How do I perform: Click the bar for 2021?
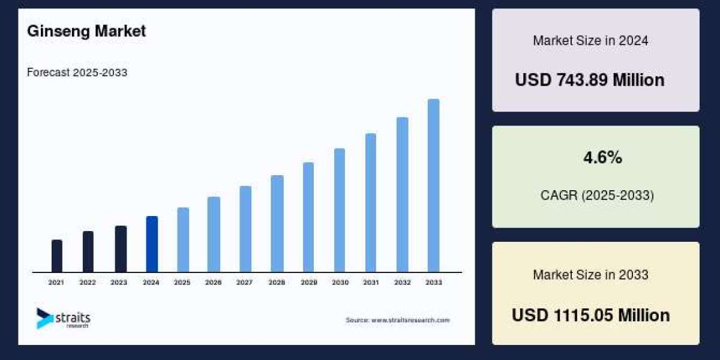click(57, 256)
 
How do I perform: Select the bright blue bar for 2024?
click(152, 244)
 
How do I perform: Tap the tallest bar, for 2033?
click(433, 186)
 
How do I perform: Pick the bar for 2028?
click(277, 224)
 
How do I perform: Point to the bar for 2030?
click(340, 211)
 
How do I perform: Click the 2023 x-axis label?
click(119, 282)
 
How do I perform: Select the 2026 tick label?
click(214, 282)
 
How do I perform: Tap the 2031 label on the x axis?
click(371, 282)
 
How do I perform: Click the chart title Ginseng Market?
click(86, 32)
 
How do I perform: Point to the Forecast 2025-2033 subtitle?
click(77, 73)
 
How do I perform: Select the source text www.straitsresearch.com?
click(397, 320)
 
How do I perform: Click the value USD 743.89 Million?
click(590, 80)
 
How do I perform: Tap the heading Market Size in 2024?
click(590, 41)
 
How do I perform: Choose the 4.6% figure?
click(602, 158)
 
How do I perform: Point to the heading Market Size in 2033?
click(590, 275)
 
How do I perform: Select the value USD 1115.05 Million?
click(590, 315)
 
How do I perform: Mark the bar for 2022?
click(88, 252)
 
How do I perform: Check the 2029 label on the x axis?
click(308, 282)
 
